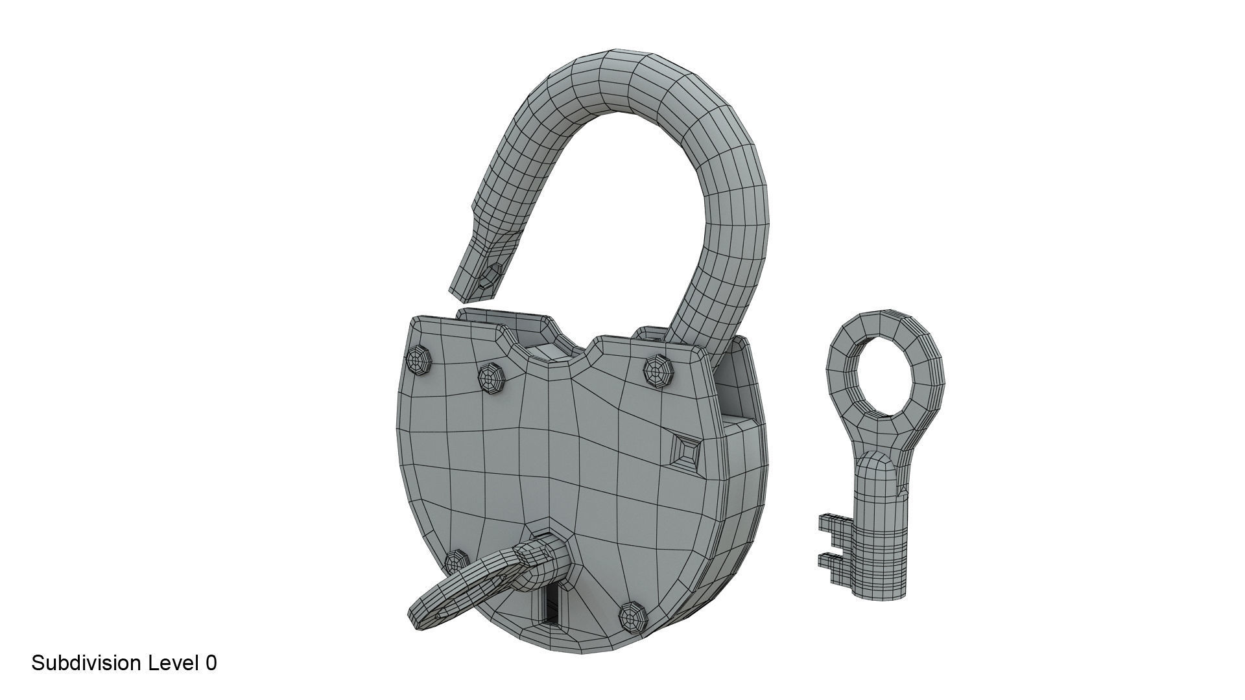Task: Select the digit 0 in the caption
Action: tap(211, 663)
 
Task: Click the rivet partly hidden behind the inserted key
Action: tap(456, 561)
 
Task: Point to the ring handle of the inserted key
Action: tap(454, 590)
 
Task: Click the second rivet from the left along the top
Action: tap(491, 378)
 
